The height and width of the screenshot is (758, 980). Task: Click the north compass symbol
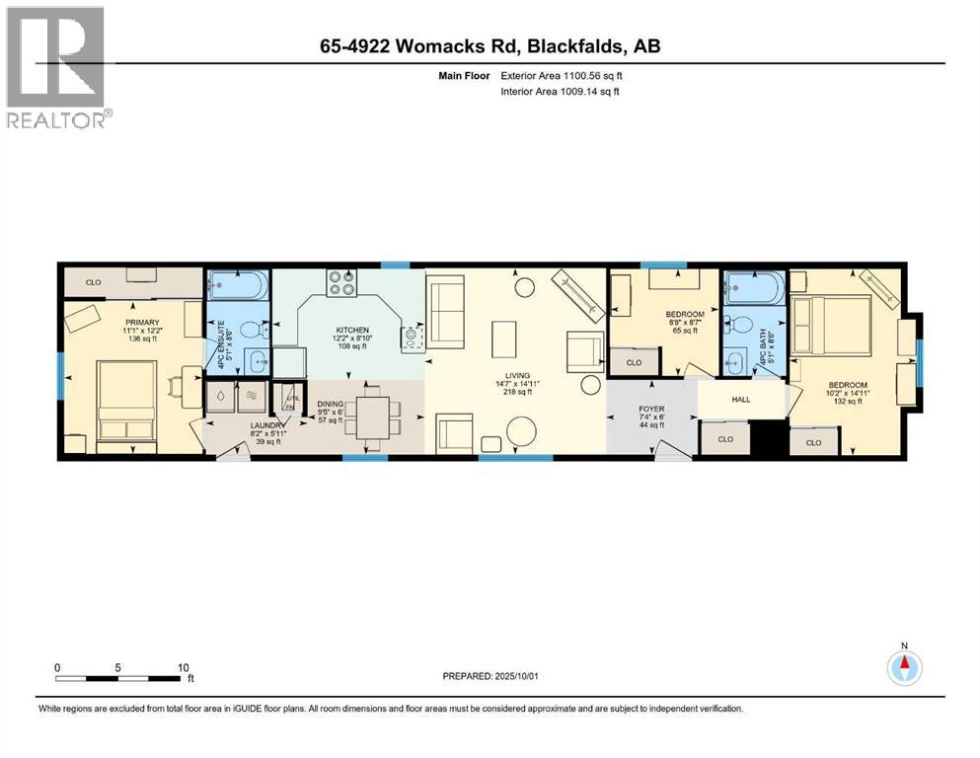coord(903,668)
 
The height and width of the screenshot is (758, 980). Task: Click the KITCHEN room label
coord(351,331)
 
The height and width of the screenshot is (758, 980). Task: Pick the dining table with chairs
coord(373,417)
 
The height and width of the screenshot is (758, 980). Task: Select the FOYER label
coord(651,409)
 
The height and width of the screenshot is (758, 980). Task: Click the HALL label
coord(741,400)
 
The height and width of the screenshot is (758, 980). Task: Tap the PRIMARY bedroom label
coord(142,322)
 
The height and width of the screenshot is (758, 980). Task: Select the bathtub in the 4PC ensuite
coord(238,288)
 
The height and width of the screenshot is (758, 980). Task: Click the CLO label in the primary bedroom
coord(94,283)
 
